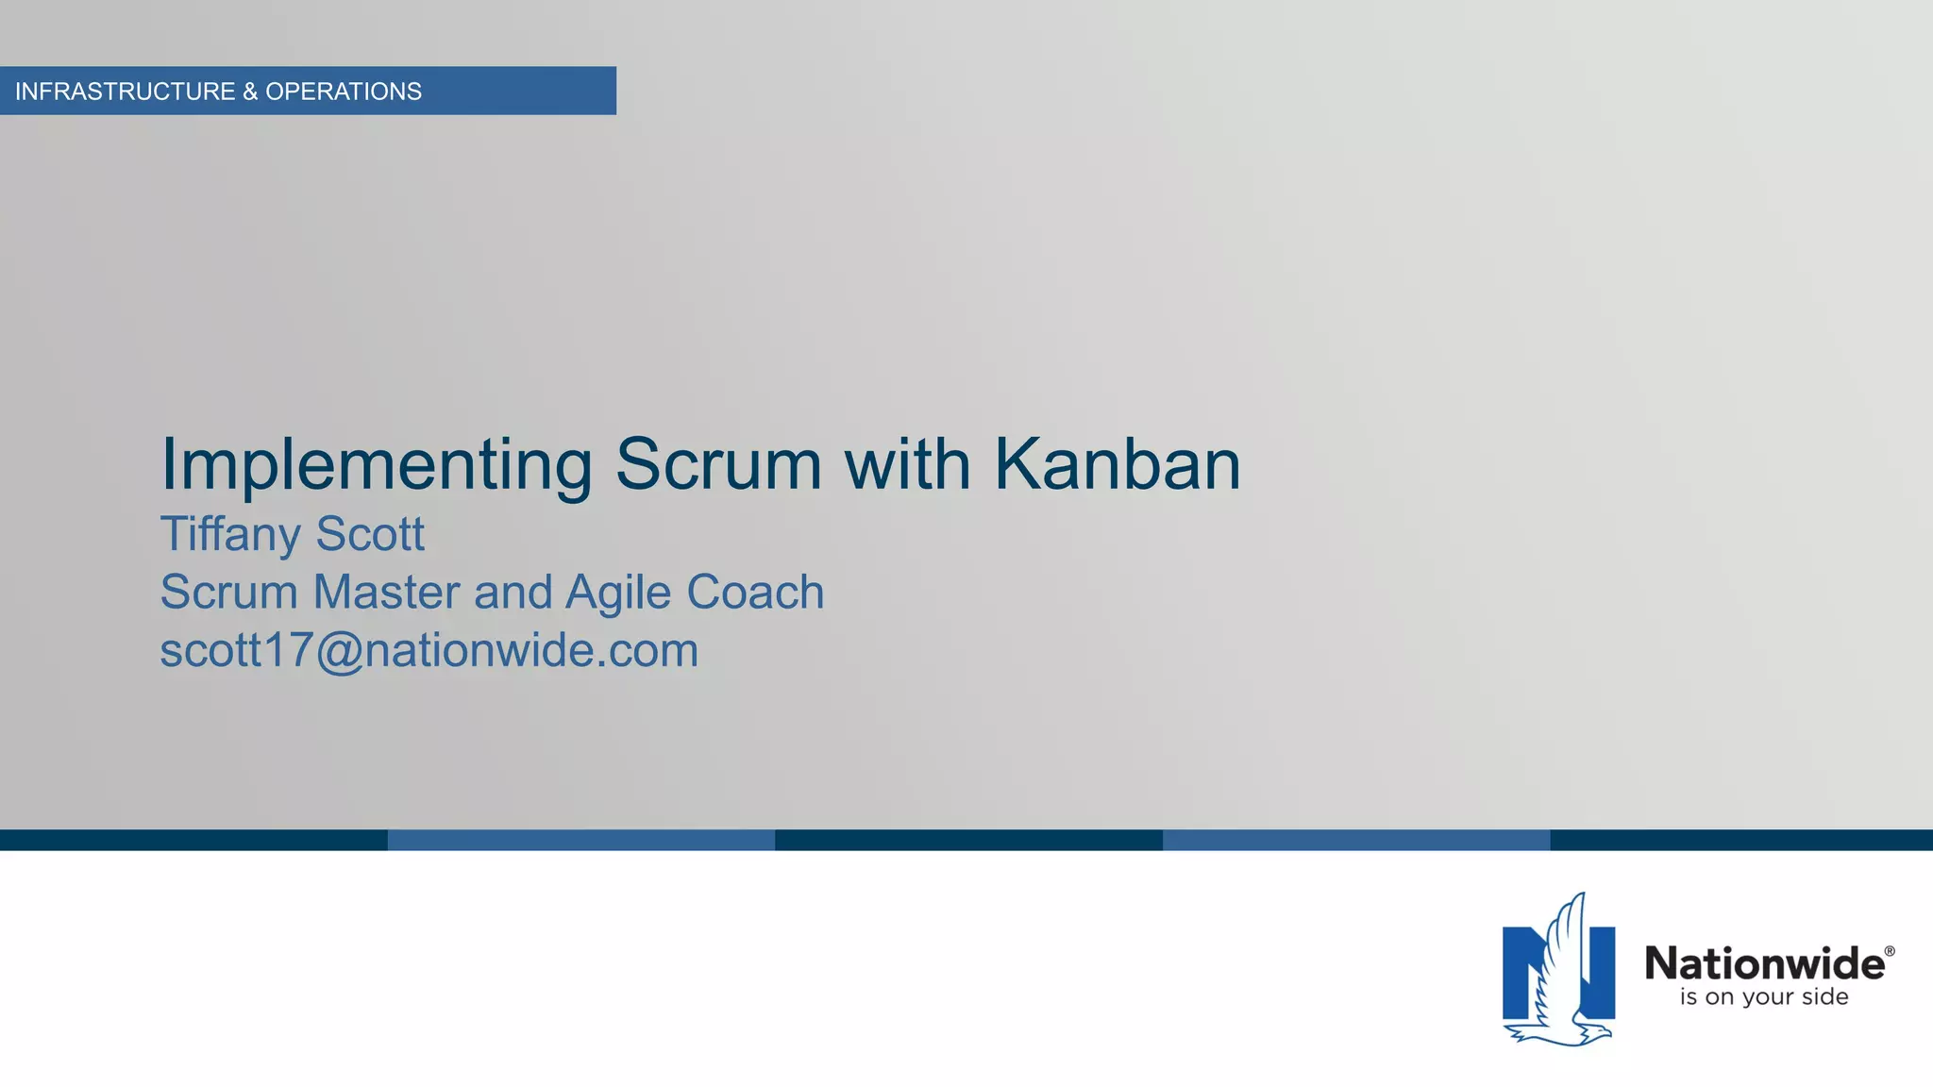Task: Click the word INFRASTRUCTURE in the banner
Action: [x=125, y=92]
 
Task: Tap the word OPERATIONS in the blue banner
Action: [x=344, y=92]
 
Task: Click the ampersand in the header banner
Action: [x=250, y=92]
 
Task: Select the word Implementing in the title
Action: [x=376, y=464]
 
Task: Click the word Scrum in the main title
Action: [x=718, y=464]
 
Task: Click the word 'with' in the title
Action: [x=907, y=464]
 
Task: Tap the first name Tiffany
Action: [x=230, y=534]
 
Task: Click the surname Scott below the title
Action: [x=370, y=534]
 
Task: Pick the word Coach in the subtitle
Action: [x=755, y=593]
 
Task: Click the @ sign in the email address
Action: [x=339, y=651]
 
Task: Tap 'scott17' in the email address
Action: [x=236, y=651]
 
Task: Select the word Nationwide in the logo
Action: [x=1764, y=963]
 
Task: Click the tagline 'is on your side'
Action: [x=1764, y=997]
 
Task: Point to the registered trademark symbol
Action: [x=1890, y=951]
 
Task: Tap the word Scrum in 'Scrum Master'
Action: [x=229, y=593]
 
